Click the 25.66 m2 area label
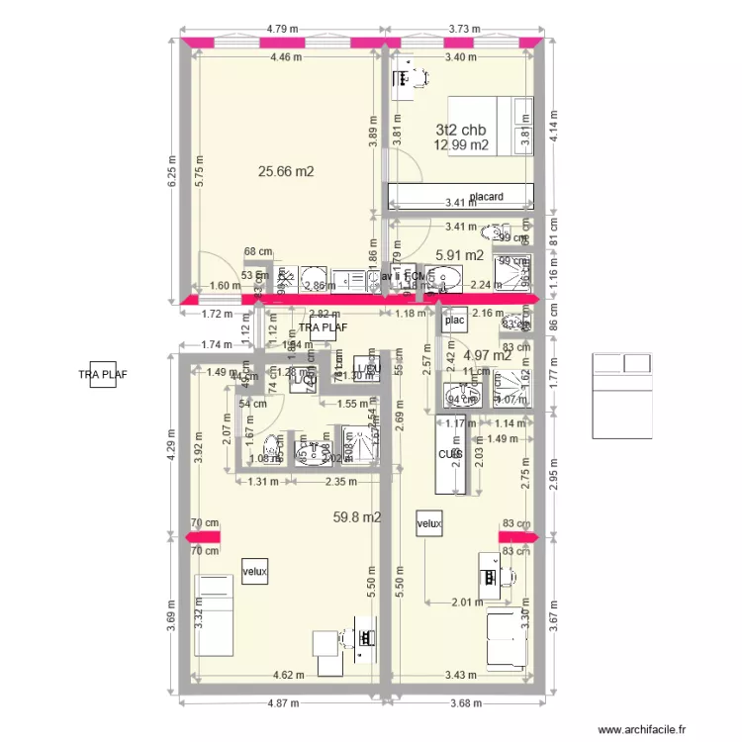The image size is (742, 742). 286,171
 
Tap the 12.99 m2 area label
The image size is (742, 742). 461,145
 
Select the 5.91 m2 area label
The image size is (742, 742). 459,254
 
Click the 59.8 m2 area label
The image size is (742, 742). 358,515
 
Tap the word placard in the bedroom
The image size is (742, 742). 487,197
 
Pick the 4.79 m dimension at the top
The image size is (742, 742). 285,29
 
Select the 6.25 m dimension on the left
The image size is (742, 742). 171,175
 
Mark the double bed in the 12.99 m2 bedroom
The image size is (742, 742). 492,126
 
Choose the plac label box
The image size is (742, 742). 455,321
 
